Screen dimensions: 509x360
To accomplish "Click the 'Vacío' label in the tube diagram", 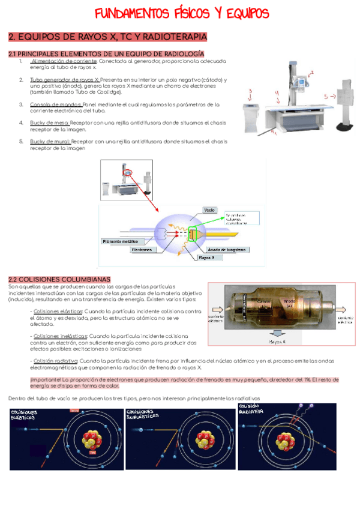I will [x=209, y=210].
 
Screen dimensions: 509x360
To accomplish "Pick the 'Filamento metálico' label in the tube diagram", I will [x=124, y=241].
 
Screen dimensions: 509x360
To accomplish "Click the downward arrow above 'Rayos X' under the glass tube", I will [x=277, y=333].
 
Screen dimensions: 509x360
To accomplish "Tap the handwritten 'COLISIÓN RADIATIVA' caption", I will [x=251, y=409].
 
